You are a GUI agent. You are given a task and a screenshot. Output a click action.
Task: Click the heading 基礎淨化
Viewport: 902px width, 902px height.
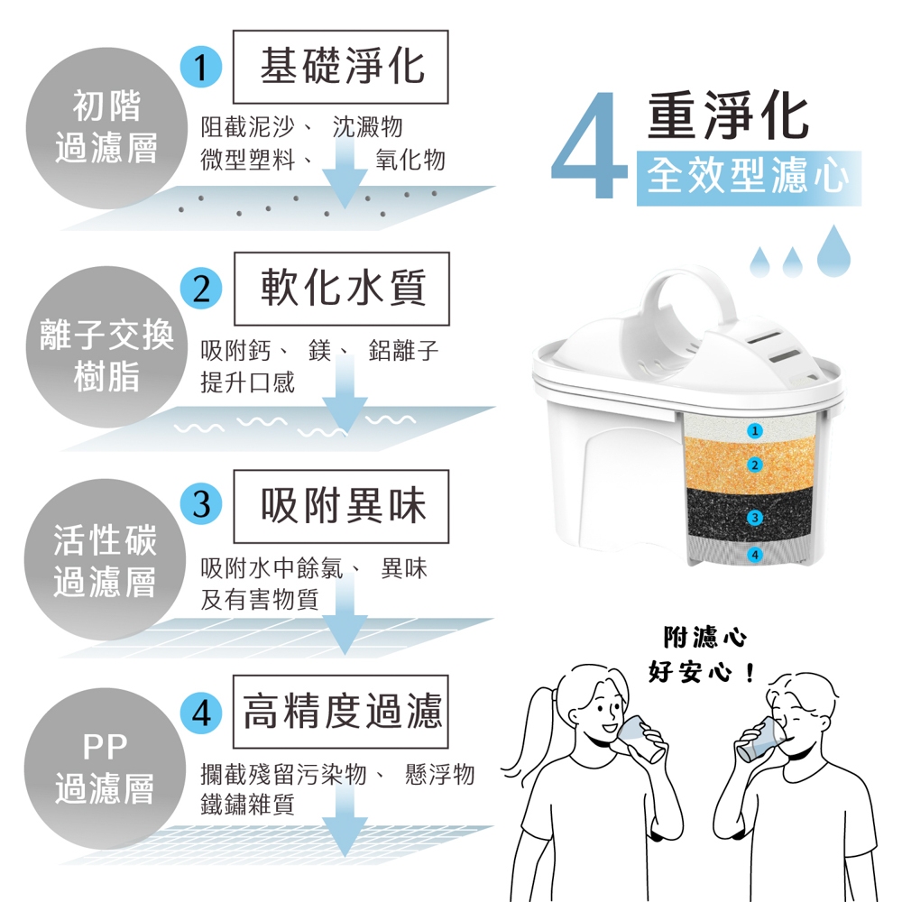click(341, 67)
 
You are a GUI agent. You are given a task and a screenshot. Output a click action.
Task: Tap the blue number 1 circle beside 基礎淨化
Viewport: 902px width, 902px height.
click(201, 67)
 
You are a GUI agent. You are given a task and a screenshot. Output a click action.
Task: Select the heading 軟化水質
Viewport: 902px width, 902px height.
click(342, 289)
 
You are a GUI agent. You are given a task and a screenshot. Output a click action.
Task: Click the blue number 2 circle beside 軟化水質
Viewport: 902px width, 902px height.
click(201, 289)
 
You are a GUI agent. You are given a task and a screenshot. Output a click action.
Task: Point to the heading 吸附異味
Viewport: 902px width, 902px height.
click(342, 506)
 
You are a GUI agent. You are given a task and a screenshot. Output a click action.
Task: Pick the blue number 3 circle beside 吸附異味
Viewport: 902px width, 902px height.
click(201, 504)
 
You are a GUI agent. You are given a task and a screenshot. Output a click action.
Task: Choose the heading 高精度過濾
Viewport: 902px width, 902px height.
click(341, 712)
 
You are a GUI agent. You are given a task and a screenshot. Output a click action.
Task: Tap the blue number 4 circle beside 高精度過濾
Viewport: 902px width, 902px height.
click(201, 713)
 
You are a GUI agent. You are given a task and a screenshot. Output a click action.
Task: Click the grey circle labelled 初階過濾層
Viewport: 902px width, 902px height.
click(107, 128)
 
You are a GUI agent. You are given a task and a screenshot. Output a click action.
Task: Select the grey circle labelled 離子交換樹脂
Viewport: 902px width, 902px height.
click(107, 346)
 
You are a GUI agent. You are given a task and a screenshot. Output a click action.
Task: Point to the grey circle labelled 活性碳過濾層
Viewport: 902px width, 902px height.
click(106, 559)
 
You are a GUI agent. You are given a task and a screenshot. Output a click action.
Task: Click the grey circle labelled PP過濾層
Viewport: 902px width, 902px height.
click(106, 769)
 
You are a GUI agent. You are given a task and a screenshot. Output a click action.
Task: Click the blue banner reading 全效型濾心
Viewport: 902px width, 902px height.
click(749, 178)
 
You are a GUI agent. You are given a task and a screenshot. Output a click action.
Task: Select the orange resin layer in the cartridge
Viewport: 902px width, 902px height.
click(750, 463)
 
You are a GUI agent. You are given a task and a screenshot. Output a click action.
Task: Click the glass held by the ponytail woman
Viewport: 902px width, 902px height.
click(640, 739)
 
